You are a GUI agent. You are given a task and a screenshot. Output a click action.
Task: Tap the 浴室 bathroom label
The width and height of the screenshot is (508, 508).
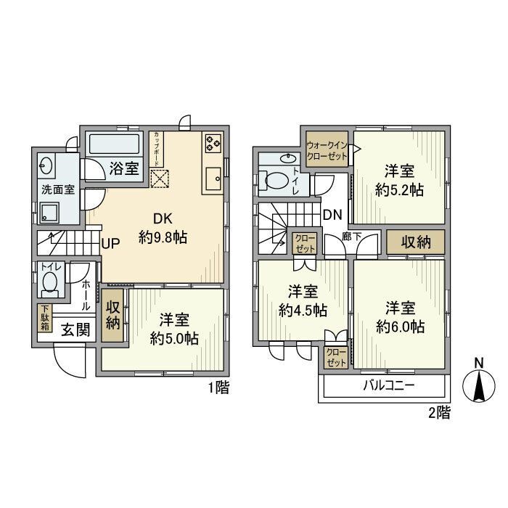tap(124, 169)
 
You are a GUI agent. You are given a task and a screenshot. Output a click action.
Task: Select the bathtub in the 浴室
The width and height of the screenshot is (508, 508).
tap(117, 144)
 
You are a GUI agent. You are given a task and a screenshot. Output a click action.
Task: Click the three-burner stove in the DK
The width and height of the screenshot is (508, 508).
tap(213, 143)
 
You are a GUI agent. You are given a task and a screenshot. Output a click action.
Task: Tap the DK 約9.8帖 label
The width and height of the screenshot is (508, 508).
tap(163, 226)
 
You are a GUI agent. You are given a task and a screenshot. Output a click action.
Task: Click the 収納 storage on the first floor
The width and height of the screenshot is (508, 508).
tap(112, 316)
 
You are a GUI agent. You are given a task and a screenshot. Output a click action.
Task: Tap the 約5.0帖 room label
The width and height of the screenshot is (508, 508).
tap(175, 329)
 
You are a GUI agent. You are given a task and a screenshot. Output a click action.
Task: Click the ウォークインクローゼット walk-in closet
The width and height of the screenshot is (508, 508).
tap(326, 149)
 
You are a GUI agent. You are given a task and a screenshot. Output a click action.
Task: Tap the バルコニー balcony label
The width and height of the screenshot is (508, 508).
tap(389, 385)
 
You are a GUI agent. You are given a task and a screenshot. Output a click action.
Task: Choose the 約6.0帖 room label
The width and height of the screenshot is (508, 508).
tap(400, 317)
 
